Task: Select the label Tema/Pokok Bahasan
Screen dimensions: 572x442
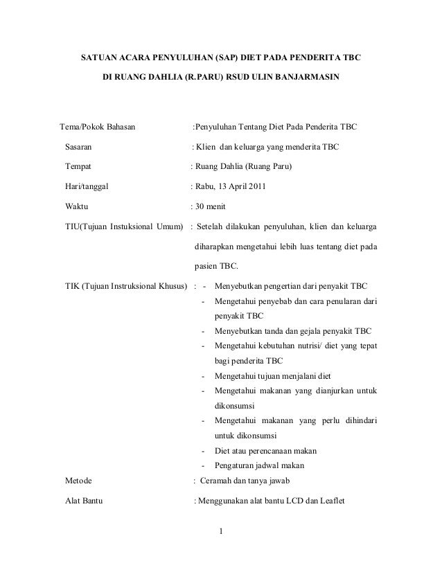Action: pos(97,127)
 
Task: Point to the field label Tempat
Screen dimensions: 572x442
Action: pos(78,167)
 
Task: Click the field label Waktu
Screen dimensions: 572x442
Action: pos(76,206)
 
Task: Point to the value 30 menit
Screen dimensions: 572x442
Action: pos(209,206)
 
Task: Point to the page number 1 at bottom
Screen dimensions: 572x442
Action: pos(220,532)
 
